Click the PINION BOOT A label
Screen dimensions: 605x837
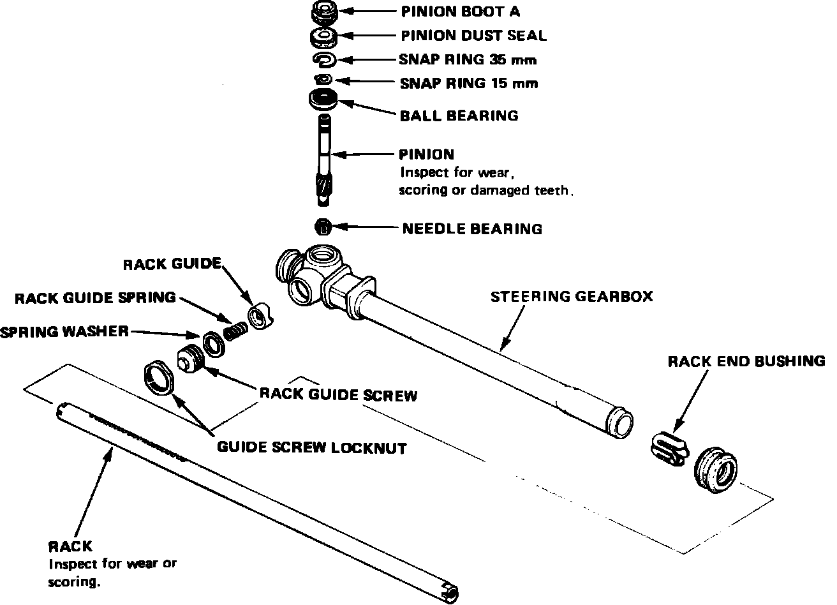(x=460, y=11)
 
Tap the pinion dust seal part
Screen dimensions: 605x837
(x=324, y=36)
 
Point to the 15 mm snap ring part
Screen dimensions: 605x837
(x=323, y=78)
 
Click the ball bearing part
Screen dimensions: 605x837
(x=323, y=100)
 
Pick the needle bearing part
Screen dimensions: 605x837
(x=324, y=226)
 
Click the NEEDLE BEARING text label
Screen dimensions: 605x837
(x=472, y=228)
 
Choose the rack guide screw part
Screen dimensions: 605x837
(x=189, y=359)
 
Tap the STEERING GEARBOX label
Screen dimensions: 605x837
(x=572, y=297)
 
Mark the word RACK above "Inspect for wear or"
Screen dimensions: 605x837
(x=70, y=547)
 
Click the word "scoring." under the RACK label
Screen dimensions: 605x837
(x=74, y=581)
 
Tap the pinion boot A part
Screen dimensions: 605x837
(x=324, y=12)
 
